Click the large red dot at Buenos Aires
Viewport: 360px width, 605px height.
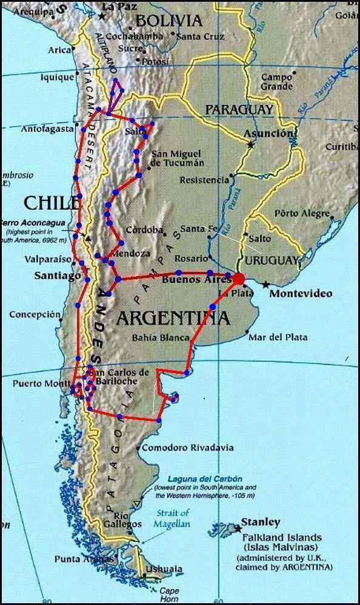pos(239,279)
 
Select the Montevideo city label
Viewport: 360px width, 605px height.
pos(301,294)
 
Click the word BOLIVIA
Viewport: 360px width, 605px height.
pos(168,21)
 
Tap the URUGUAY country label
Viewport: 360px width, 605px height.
pos(272,260)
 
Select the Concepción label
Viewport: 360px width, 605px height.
pos(35,314)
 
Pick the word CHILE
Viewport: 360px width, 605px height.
pos(52,201)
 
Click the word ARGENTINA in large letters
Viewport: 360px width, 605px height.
pos(173,317)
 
